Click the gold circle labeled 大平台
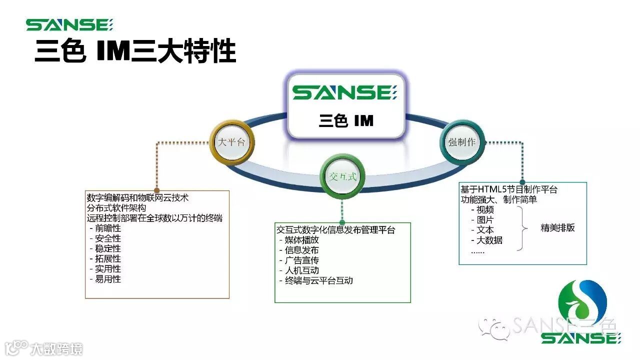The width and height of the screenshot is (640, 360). [x=231, y=141]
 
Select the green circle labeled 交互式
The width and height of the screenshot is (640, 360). [x=341, y=176]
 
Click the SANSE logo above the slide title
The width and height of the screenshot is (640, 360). [x=70, y=25]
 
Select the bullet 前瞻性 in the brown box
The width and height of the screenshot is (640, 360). [x=107, y=228]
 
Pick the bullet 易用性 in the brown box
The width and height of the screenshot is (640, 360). [x=107, y=279]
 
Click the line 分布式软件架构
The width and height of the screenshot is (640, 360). [x=116, y=207]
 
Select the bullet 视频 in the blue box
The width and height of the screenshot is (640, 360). [x=484, y=210]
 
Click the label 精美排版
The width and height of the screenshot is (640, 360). [x=557, y=227]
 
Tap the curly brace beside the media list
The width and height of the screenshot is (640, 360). [x=522, y=228]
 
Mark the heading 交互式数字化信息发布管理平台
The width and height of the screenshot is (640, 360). [x=335, y=230]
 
